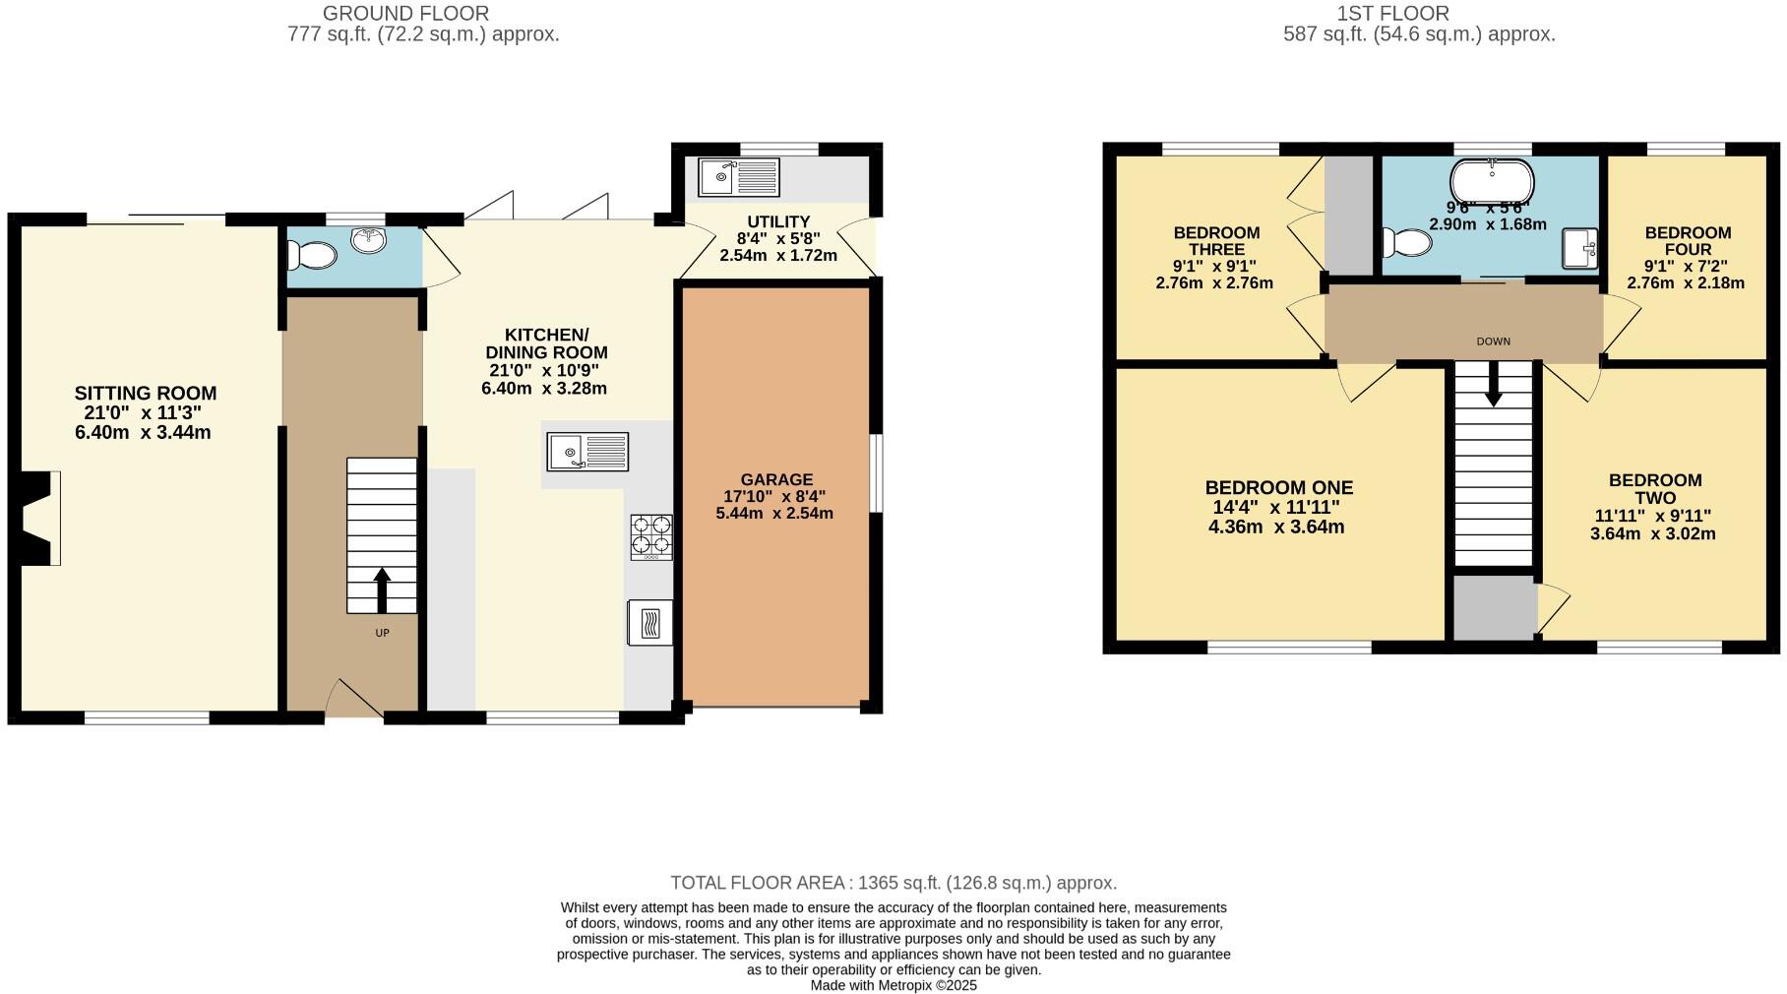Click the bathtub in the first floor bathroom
(1492, 181)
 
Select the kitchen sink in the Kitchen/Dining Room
(587, 452)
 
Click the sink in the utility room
(738, 177)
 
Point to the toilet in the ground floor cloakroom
(312, 255)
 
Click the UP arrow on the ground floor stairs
(382, 590)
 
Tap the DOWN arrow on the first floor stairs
(1493, 384)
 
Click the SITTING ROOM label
(146, 394)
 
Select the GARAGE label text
(776, 480)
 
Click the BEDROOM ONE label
(1278, 488)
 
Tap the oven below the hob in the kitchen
(649, 622)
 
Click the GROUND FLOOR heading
(405, 14)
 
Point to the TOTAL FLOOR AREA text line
(893, 883)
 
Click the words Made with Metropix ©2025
(893, 985)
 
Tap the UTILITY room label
(777, 222)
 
